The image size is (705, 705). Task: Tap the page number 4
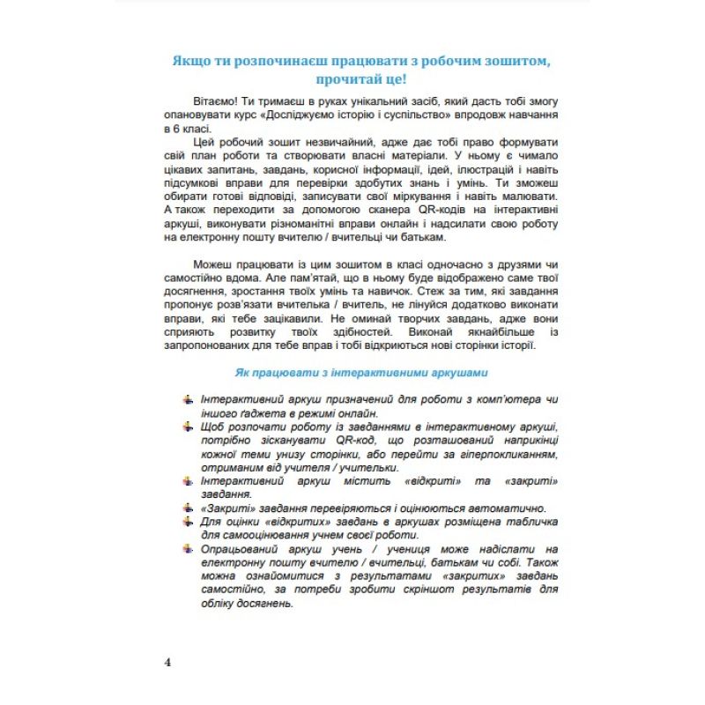point(168,663)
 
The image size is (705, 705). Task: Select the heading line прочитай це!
point(366,79)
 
